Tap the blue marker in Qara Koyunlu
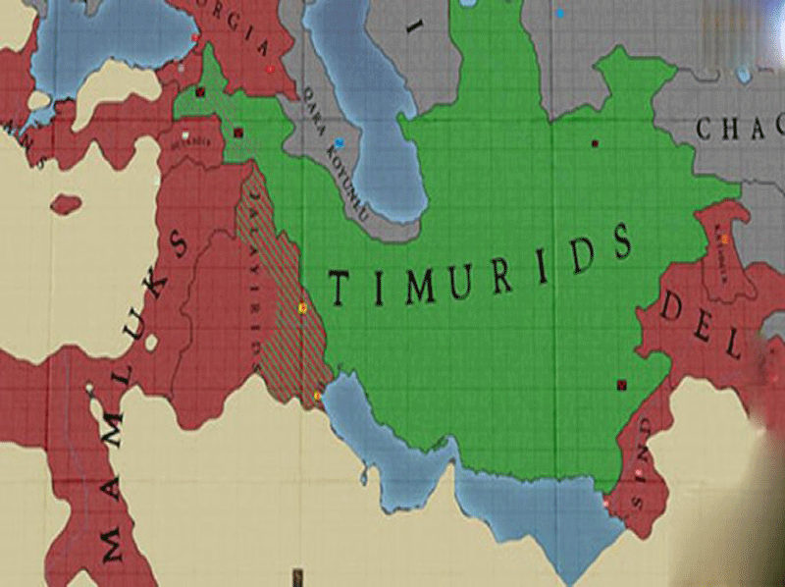pyautogui.click(x=339, y=142)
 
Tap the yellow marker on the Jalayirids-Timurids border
pyautogui.click(x=303, y=309)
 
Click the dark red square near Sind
pyautogui.click(x=620, y=385)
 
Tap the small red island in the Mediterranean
pyautogui.click(x=66, y=204)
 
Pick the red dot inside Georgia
pyautogui.click(x=196, y=39)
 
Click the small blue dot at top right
pyautogui.click(x=560, y=14)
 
